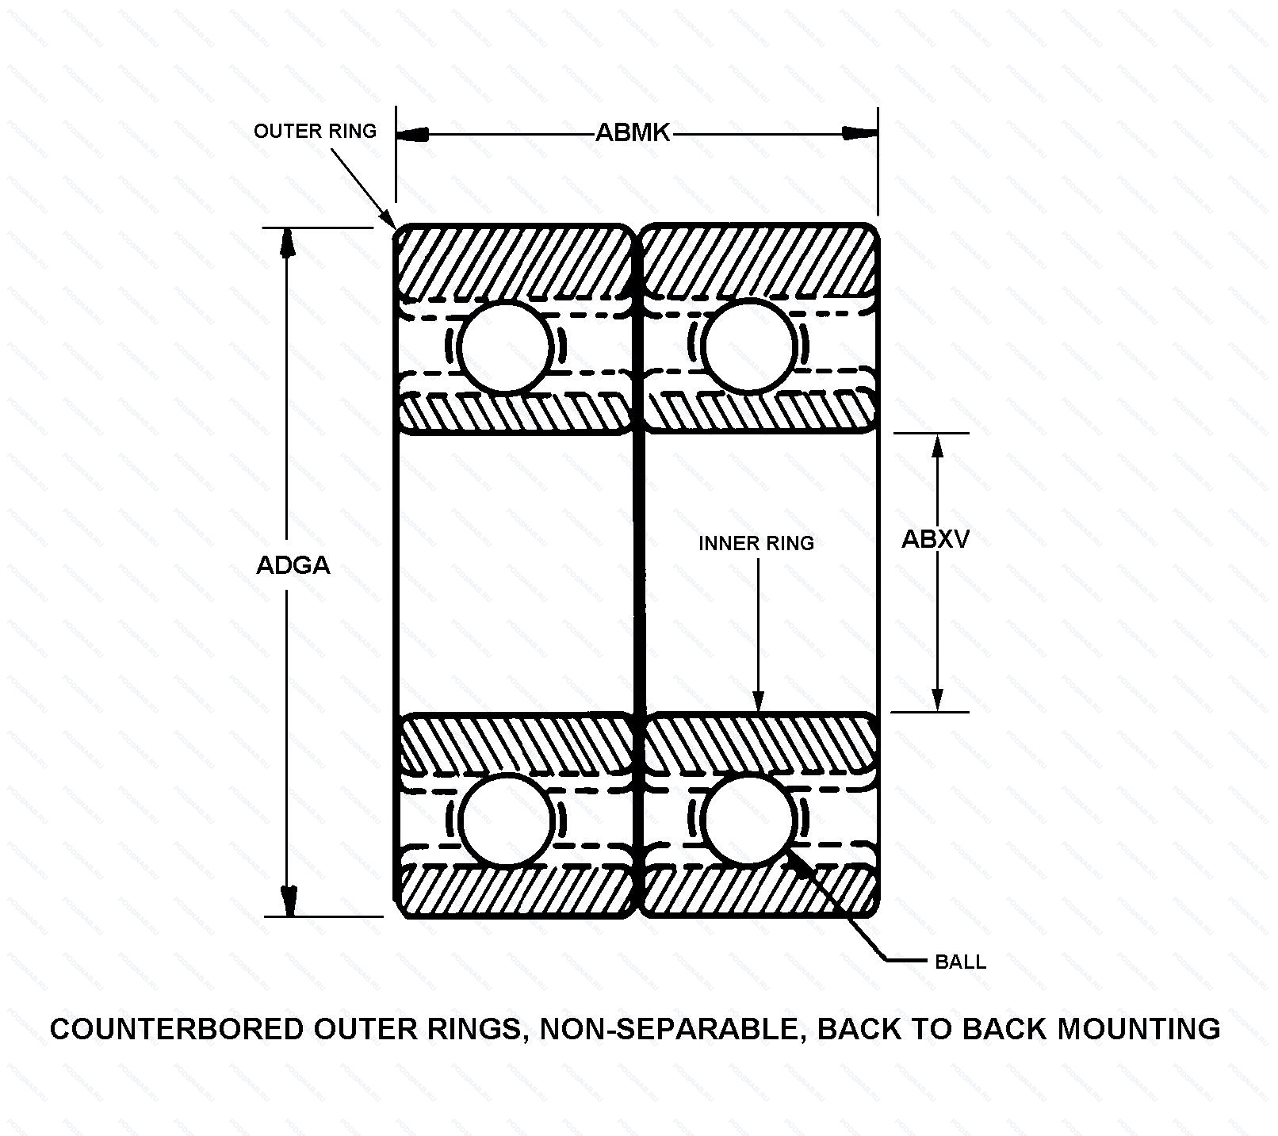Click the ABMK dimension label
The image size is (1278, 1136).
[633, 133]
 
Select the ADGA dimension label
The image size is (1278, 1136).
[293, 565]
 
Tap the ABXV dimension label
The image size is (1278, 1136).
[936, 539]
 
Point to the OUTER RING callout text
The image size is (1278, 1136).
[315, 131]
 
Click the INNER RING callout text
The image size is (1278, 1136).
[756, 543]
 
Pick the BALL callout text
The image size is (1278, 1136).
[961, 962]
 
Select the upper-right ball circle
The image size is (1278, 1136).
[748, 346]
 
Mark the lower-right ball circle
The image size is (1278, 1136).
[748, 820]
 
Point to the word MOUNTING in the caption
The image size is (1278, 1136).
[1139, 1029]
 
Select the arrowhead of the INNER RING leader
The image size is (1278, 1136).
[758, 701]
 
